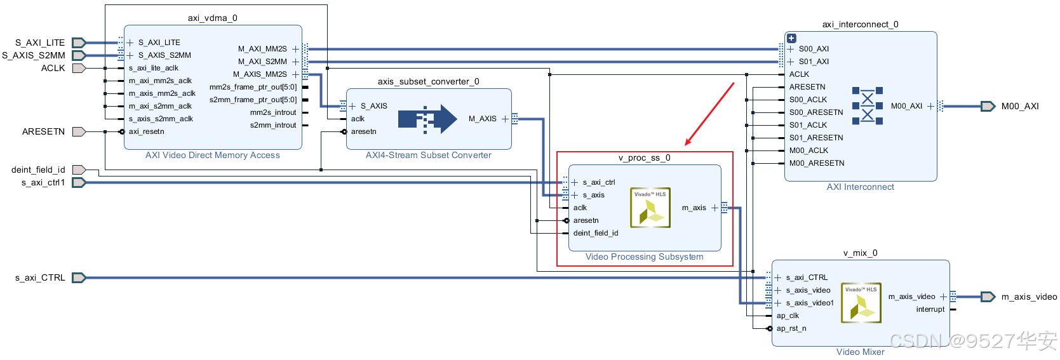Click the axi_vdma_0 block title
pyautogui.click(x=212, y=18)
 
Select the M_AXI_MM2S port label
pyautogui.click(x=262, y=49)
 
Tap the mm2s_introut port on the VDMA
pyautogui.click(x=273, y=112)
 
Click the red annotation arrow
pyautogui.click(x=709, y=114)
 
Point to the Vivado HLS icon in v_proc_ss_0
pyautogui.click(x=650, y=208)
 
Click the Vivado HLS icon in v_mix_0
pyautogui.click(x=861, y=303)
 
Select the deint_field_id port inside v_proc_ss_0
pyautogui.click(x=595, y=233)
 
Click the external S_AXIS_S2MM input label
pyautogui.click(x=34, y=55)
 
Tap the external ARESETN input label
pyautogui.click(x=43, y=131)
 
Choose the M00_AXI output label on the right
pyautogui.click(x=1020, y=106)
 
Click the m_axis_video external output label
pyautogui.click(x=1029, y=297)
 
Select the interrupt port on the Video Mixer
pyautogui.click(x=930, y=309)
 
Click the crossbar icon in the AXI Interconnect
pyautogui.click(x=867, y=106)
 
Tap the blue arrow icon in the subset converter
pyautogui.click(x=427, y=119)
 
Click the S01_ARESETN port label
pyautogui.click(x=816, y=138)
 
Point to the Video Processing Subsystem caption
pyautogui.click(x=644, y=257)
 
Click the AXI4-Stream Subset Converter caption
pyautogui.click(x=428, y=156)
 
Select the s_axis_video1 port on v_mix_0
pyautogui.click(x=809, y=303)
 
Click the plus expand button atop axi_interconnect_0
pyautogui.click(x=791, y=38)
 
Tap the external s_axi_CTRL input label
pyautogui.click(x=40, y=277)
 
